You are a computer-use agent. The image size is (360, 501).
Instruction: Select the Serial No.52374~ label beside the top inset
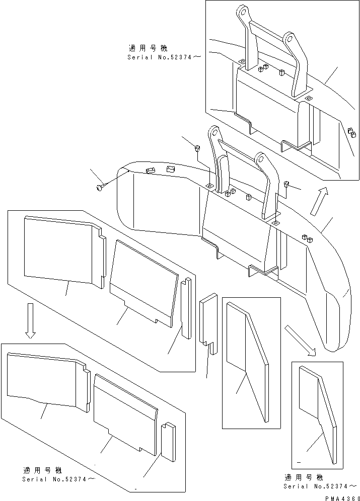point(164,57)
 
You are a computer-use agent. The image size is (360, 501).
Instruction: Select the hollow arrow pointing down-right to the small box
point(300,340)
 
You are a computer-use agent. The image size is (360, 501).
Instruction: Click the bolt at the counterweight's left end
point(99,188)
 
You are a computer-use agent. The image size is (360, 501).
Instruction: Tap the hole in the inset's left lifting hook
point(243,11)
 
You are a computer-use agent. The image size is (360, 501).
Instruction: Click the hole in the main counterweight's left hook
point(214,133)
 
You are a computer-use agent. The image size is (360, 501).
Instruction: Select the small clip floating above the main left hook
point(198,148)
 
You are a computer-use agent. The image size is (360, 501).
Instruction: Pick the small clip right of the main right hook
point(287,185)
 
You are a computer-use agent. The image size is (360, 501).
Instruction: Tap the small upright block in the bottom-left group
point(168,442)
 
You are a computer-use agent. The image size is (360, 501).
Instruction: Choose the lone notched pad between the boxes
point(208,321)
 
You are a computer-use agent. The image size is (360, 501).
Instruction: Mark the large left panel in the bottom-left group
point(45,380)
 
